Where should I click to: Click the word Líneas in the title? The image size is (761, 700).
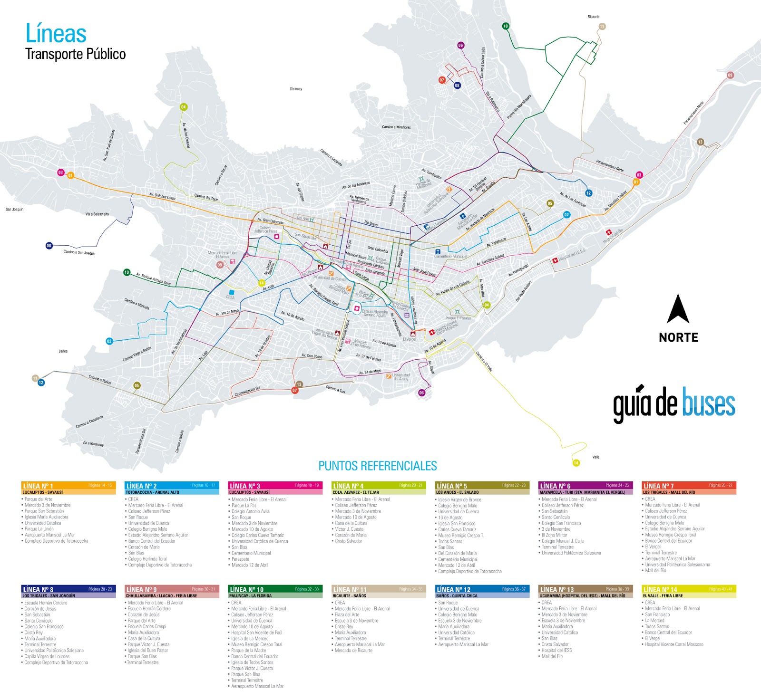(56, 34)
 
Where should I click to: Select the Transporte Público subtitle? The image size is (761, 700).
(75, 54)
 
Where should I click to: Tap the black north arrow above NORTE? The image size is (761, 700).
(678, 309)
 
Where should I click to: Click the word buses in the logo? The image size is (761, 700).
(709, 404)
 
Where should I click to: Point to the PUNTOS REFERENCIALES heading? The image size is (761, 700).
(377, 466)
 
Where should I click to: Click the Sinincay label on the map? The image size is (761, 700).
(296, 89)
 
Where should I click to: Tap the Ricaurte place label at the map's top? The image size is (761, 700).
(594, 17)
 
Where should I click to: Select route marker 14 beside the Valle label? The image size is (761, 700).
(576, 463)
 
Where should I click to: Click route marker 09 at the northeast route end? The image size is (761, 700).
(730, 75)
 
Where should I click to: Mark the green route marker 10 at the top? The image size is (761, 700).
(506, 26)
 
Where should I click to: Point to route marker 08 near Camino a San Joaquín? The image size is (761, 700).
(49, 246)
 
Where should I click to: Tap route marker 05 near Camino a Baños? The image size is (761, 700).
(137, 385)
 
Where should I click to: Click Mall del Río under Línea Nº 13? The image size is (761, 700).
(552, 656)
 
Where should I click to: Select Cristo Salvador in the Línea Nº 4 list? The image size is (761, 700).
(348, 541)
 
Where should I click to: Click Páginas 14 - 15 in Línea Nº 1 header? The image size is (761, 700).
(100, 485)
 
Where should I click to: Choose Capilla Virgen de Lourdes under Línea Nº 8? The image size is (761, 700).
(47, 656)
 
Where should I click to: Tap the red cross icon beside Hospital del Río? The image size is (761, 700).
(608, 232)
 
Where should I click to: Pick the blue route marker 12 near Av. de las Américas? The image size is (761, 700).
(588, 193)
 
